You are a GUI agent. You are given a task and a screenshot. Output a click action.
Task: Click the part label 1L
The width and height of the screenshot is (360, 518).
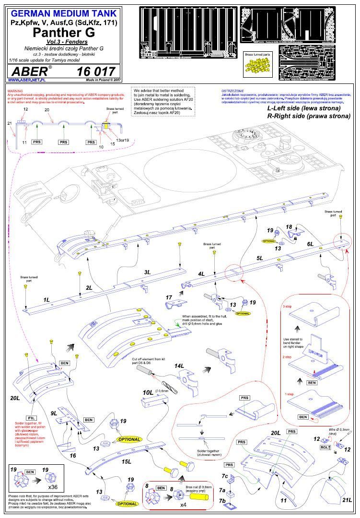coord(46,300)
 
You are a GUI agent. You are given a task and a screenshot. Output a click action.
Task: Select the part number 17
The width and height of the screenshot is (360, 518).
coord(169,298)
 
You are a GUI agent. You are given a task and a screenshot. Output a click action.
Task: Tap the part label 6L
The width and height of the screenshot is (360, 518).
coord(310,244)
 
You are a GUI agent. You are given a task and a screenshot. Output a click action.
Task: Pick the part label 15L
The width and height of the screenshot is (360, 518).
coord(127,461)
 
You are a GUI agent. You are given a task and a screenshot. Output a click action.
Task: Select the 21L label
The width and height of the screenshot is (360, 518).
coord(347,500)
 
